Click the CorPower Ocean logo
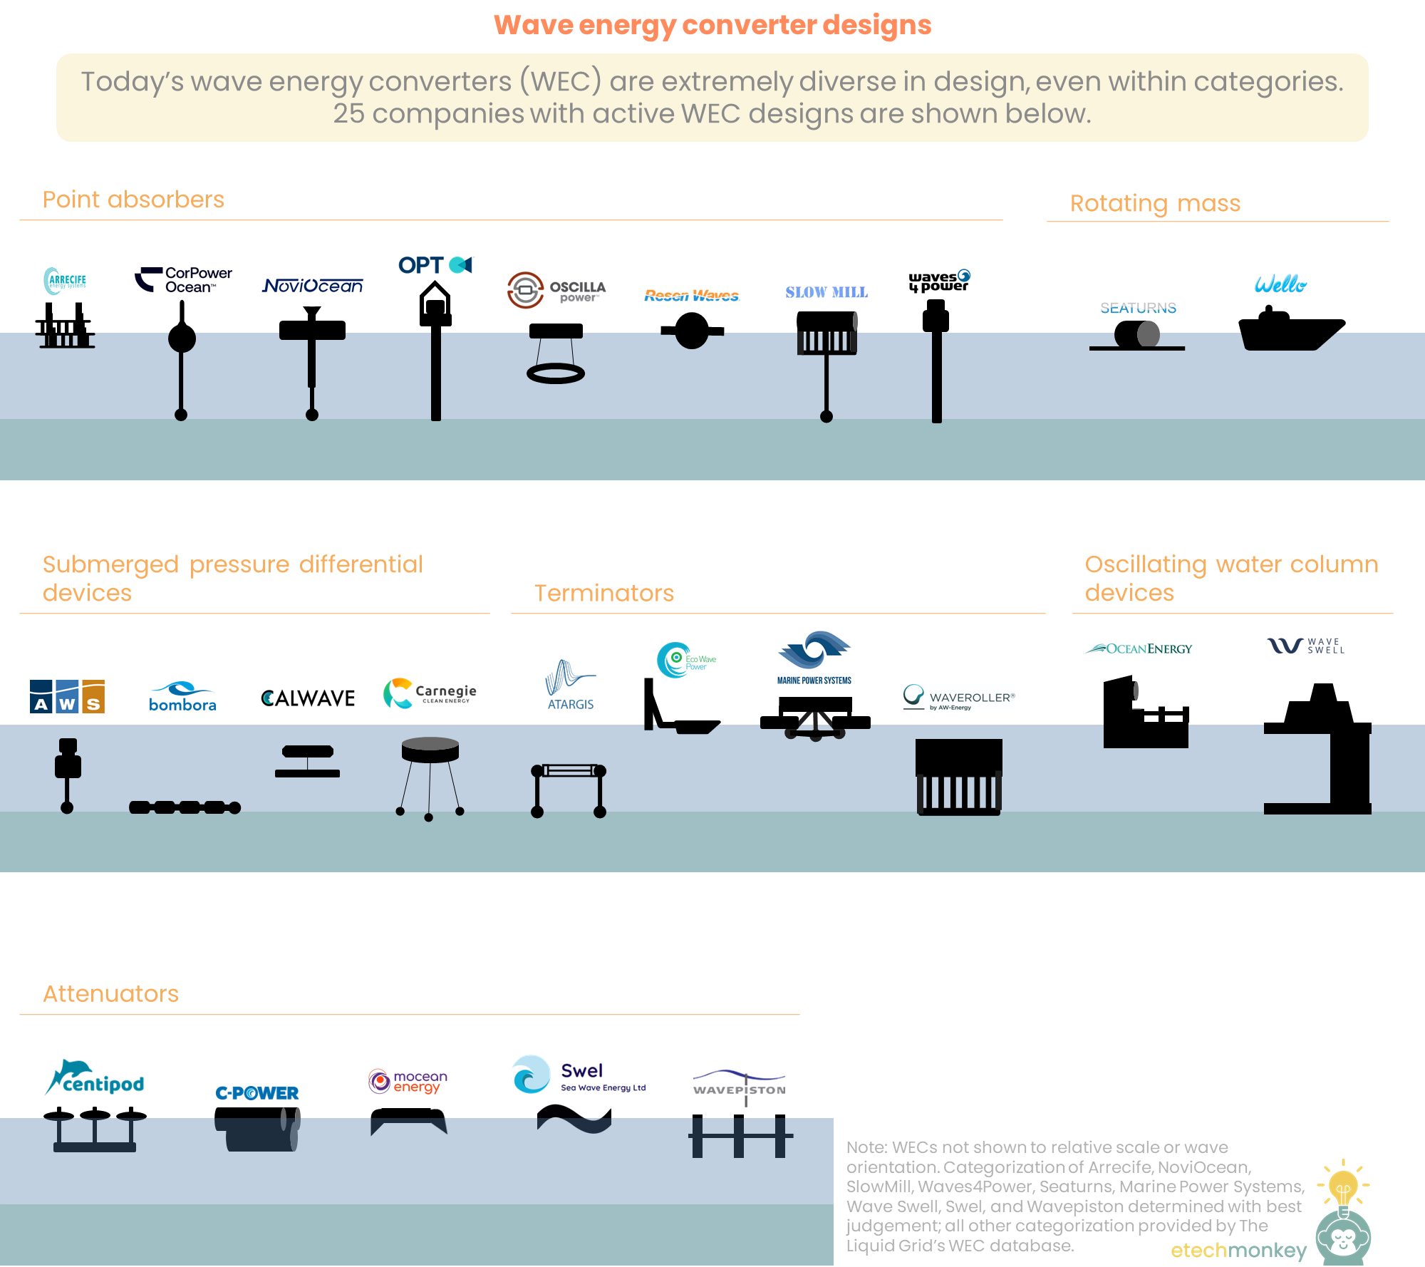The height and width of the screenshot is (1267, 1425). click(x=184, y=280)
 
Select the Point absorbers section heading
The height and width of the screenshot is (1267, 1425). click(x=133, y=200)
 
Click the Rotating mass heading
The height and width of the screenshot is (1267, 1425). click(x=1155, y=203)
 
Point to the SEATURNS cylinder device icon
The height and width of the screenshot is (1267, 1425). click(x=1137, y=335)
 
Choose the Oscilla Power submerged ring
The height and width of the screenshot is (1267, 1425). click(x=556, y=373)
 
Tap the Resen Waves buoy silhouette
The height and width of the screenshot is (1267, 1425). click(x=691, y=331)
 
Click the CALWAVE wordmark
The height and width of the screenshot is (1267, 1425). click(x=308, y=698)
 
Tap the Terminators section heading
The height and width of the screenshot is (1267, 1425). click(x=604, y=593)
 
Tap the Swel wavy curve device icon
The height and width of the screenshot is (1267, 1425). click(x=574, y=1119)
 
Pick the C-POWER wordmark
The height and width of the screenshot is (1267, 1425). click(x=257, y=1093)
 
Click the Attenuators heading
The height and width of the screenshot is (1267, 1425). click(x=110, y=994)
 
